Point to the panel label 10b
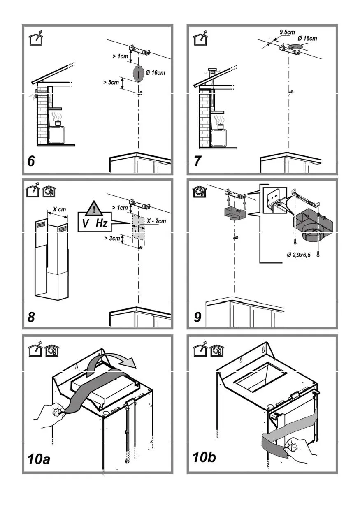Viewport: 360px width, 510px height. (204, 457)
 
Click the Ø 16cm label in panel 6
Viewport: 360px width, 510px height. (156, 73)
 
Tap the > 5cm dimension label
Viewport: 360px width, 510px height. (111, 82)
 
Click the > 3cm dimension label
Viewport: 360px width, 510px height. (112, 238)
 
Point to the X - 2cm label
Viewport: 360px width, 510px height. (157, 221)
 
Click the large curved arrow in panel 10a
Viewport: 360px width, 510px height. (114, 361)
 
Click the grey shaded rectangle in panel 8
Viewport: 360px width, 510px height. (138, 227)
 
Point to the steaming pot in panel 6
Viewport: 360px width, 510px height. (57, 122)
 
